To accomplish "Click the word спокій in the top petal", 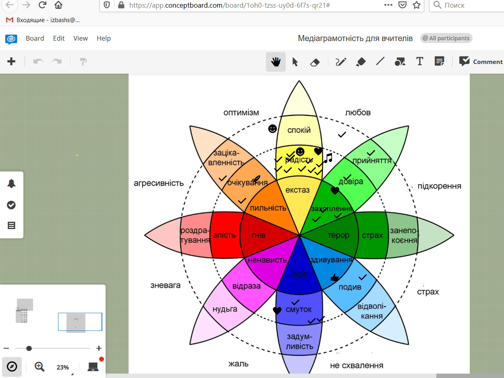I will click(299, 130).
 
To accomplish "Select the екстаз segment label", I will click(297, 190).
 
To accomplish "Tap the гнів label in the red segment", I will click(259, 235).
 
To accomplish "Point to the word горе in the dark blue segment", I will click(299, 275).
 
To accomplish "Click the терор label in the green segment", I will click(338, 235).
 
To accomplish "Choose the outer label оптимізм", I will click(241, 112).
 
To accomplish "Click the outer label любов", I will click(358, 112).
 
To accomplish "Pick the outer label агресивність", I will click(159, 183).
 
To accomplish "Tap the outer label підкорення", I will click(439, 186).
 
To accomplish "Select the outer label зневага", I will click(165, 285).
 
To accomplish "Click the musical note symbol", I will click(328, 158).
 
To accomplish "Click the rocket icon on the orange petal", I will click(256, 179).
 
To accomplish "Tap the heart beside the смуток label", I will click(277, 310).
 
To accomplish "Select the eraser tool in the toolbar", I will click(315, 62).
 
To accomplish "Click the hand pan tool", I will click(276, 62).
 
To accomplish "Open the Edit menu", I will click(59, 38).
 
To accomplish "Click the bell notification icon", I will click(11, 184).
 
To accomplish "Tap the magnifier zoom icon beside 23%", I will click(39, 366).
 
